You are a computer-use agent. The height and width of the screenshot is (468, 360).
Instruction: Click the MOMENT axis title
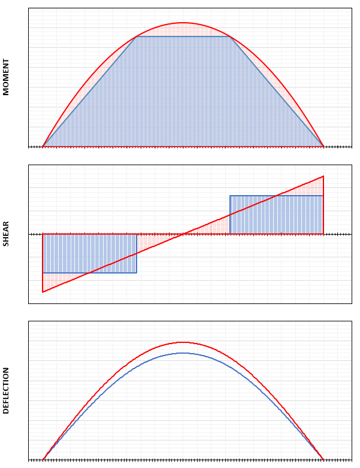[6, 77]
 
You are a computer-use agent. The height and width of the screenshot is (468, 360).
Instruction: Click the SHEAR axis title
[6, 234]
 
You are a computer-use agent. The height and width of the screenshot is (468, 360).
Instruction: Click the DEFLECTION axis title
[6, 390]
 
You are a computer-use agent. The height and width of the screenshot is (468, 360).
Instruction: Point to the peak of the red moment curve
[183, 23]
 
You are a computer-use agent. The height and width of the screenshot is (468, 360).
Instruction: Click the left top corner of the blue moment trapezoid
[137, 37]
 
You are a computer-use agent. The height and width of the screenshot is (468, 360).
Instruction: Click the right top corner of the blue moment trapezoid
[230, 37]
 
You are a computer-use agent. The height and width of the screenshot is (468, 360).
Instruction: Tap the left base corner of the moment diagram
[43, 146]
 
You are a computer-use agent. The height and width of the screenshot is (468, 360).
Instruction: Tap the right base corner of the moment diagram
[323, 146]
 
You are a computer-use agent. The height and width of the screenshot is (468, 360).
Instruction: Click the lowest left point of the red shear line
[43, 292]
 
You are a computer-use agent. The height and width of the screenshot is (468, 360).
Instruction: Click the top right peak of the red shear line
[323, 176]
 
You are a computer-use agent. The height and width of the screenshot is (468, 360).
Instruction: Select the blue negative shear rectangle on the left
[90, 253]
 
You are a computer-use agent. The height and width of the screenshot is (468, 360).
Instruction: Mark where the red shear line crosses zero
[183, 234]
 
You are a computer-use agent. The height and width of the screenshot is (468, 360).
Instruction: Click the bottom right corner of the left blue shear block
[137, 273]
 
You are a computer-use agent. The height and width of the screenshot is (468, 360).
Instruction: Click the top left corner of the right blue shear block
[230, 196]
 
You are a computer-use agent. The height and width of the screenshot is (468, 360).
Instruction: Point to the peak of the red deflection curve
[183, 342]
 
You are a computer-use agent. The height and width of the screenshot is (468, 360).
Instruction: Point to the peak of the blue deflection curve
[183, 353]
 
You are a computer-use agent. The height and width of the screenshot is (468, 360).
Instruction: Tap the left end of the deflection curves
[43, 460]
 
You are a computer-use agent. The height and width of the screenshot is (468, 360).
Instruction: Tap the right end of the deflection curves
[323, 460]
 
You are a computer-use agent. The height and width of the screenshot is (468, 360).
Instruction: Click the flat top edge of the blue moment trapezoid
[183, 37]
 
